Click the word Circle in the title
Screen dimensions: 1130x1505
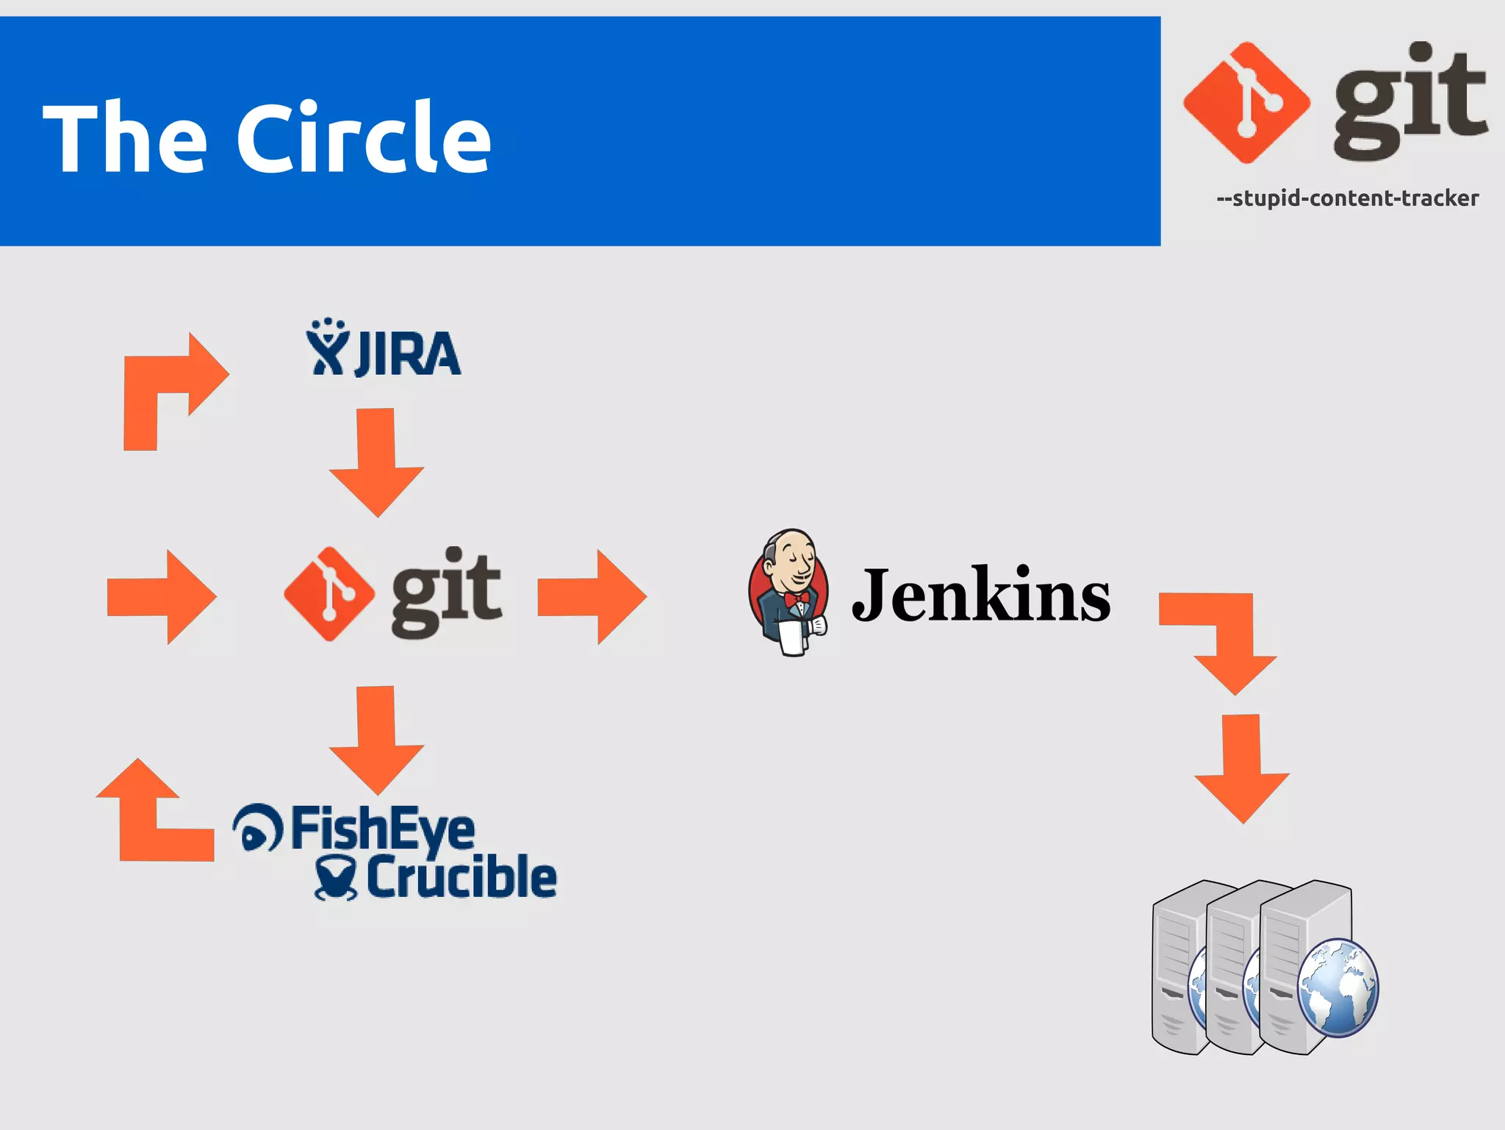[363, 137]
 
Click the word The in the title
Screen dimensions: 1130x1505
[125, 137]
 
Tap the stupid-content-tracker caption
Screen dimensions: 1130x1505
[1347, 199]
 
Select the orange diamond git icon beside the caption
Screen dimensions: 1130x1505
[1246, 103]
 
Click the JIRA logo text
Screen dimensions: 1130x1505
[408, 354]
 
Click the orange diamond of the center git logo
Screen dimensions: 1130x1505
[328, 593]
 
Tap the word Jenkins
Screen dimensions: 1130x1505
[981, 596]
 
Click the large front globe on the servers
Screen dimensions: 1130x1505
[1337, 987]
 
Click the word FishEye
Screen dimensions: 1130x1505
[382, 829]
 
